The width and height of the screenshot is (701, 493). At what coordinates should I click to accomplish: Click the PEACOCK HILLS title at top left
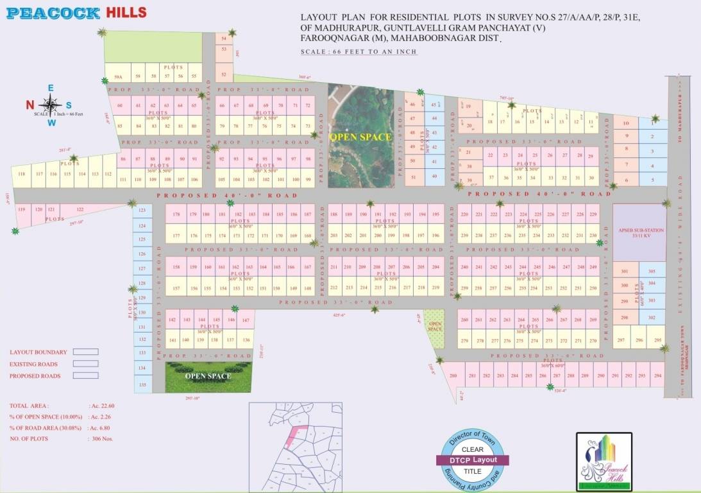tap(76, 13)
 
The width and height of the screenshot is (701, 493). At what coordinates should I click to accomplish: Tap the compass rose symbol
tap(51, 104)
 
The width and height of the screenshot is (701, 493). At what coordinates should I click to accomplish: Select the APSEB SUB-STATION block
tap(639, 232)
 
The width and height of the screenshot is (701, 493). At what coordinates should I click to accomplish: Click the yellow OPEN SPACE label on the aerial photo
tap(360, 137)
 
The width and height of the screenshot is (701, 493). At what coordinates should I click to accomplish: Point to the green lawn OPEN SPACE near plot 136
tap(208, 377)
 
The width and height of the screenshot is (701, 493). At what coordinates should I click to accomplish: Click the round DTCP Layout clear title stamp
tap(473, 459)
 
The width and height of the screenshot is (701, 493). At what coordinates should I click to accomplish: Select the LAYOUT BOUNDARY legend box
tap(85, 352)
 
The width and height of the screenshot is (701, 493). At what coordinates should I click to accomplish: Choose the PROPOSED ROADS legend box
tap(85, 376)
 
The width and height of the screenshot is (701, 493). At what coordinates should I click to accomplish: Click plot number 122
tap(80, 210)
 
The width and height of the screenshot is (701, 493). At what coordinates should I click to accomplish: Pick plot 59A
tap(118, 76)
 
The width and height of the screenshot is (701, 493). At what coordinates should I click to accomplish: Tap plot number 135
tap(142, 385)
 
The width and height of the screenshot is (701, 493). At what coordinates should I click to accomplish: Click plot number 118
tap(22, 175)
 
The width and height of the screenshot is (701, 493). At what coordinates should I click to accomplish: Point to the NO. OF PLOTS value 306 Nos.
tap(99, 438)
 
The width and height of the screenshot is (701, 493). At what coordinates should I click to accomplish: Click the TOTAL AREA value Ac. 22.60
tap(102, 406)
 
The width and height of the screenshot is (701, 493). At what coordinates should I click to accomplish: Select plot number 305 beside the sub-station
tap(652, 272)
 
